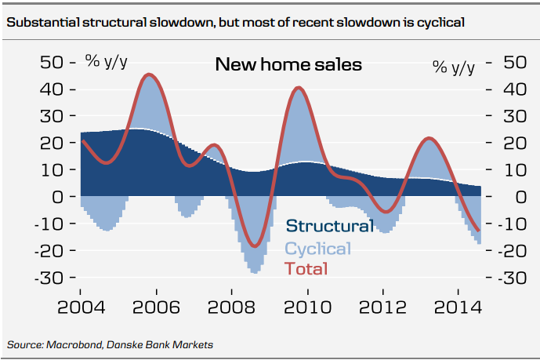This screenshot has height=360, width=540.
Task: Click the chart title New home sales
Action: point(288,64)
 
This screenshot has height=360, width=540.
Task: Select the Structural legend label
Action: point(329,227)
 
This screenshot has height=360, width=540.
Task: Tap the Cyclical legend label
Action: point(317,249)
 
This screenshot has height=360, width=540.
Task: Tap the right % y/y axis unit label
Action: point(454,67)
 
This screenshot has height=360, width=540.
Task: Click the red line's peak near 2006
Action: point(149,75)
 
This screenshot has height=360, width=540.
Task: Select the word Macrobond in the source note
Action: point(75,344)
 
